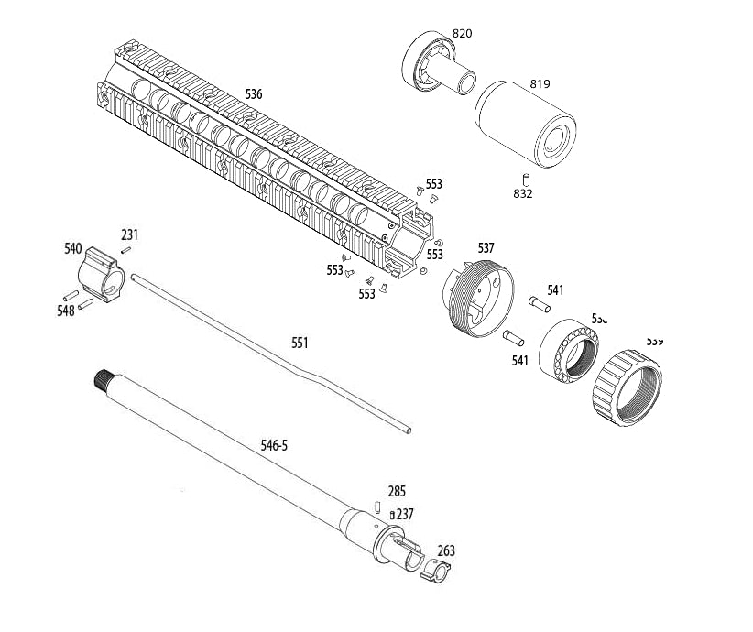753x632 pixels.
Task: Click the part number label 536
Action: pos(254,93)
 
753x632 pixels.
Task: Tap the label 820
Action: pos(462,34)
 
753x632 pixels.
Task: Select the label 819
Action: pos(540,84)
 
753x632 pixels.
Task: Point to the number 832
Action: pos(523,194)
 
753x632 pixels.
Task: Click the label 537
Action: pos(486,248)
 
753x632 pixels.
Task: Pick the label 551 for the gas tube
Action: pos(300,343)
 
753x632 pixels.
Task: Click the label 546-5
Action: pos(274,445)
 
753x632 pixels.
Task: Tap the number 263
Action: pos(446,551)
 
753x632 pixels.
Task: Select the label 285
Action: pos(397,492)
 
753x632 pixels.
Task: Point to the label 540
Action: pos(73,248)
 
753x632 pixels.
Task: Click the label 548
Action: pos(65,311)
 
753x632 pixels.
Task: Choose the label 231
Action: pos(129,234)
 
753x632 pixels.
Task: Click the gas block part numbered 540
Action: pos(100,276)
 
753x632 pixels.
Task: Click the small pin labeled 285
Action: pos(377,507)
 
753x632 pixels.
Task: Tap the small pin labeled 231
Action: pos(129,246)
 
